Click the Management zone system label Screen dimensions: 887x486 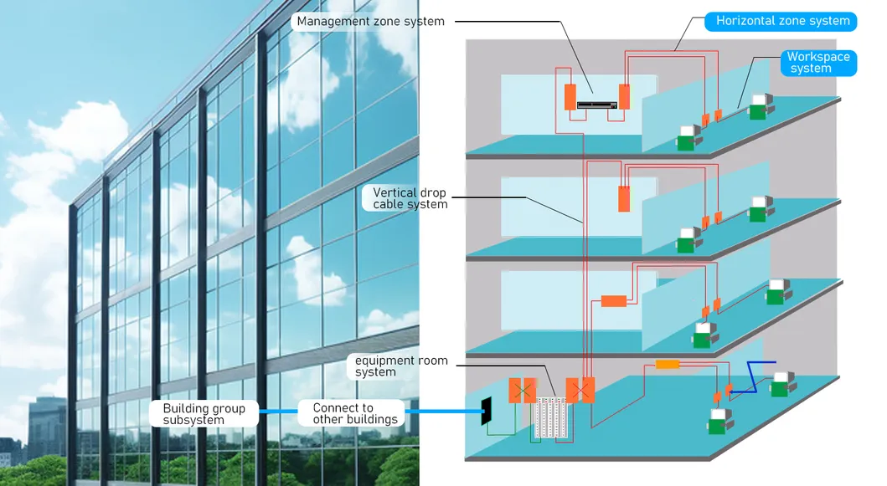pyautogui.click(x=370, y=22)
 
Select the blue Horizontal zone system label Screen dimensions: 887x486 pyautogui.click(x=781, y=22)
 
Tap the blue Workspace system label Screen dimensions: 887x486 pyautogui.click(x=818, y=63)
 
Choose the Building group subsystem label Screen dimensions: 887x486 pyautogui.click(x=204, y=414)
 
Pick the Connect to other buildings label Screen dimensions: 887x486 pyautogui.click(x=353, y=414)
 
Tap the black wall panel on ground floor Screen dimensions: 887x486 pyautogui.click(x=486, y=411)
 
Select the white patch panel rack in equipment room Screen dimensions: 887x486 pyautogui.click(x=550, y=417)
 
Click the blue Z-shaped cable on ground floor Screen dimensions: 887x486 pyautogui.click(x=752, y=376)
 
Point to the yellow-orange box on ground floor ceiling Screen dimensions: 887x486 pyautogui.click(x=668, y=365)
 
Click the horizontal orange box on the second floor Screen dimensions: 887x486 pyautogui.click(x=614, y=301)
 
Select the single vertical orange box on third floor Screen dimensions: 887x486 pyautogui.click(x=624, y=199)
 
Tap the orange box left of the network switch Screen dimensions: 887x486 pyautogui.click(x=570, y=97)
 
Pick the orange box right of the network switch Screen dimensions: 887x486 pyautogui.click(x=625, y=97)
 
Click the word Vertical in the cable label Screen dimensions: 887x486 pyautogui.click(x=393, y=192)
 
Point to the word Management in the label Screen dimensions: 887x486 pyautogui.click(x=331, y=22)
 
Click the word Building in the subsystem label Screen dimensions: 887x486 pyautogui.click(x=186, y=408)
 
